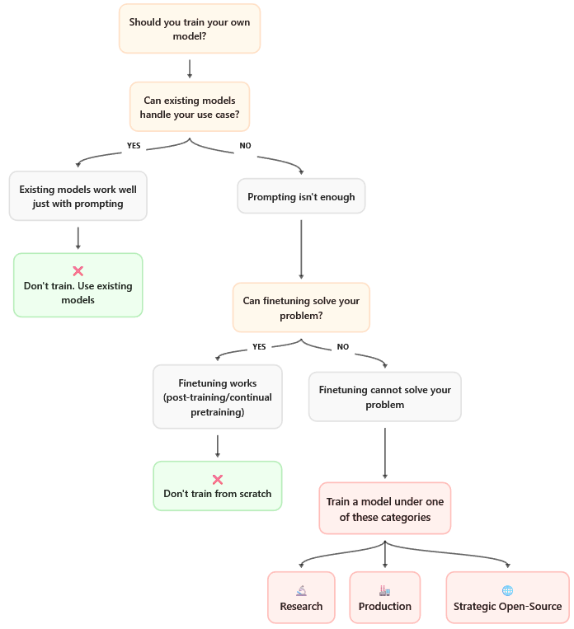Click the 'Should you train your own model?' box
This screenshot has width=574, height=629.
coord(190,29)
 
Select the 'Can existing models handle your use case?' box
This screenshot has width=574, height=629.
coord(190,108)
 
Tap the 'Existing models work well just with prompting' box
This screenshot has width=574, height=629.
coord(78,196)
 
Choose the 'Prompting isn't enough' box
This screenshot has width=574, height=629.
coord(301,197)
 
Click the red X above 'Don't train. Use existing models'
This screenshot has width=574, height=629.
coord(78,270)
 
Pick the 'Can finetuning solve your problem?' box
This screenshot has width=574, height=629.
coord(301,307)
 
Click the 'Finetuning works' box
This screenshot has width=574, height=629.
coord(217,397)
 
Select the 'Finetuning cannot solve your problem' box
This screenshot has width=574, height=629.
coord(384,397)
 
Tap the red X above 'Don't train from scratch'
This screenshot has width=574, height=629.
coord(218,479)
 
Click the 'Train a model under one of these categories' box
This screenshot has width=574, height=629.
coord(384,509)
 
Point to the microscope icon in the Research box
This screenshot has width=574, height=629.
coord(301,590)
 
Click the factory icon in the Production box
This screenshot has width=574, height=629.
coord(384,590)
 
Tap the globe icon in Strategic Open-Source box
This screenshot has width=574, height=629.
coord(507,590)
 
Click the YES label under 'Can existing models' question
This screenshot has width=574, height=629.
coord(134,145)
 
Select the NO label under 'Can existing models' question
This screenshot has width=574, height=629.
coord(245,145)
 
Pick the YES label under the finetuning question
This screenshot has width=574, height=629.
coord(259,346)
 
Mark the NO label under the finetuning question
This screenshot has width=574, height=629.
coord(343,346)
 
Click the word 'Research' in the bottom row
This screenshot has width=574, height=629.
coord(301,607)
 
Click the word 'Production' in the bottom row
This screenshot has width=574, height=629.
coord(384,607)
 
